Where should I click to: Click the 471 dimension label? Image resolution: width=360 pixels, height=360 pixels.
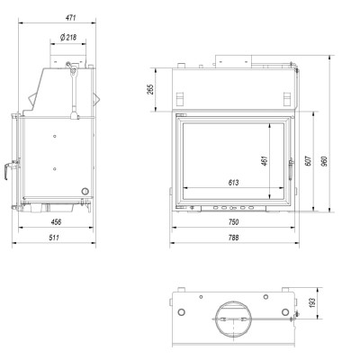tap(70, 18)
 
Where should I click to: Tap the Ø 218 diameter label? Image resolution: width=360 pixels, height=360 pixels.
tap(68, 38)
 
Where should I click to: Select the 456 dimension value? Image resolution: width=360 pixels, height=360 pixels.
tap(56, 222)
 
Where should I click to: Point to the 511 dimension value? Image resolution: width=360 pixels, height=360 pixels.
tap(54, 238)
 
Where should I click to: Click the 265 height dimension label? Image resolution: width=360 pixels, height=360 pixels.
tap(151, 89)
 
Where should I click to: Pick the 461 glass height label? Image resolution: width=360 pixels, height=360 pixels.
tap(265, 161)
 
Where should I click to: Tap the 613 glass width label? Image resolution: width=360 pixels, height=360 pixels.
tap(233, 183)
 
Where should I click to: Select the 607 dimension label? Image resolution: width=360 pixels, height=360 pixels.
tap(310, 161)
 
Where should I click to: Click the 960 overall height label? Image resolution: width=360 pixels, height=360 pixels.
tap(324, 161)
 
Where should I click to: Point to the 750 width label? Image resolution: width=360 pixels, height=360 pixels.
tap(233, 222)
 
